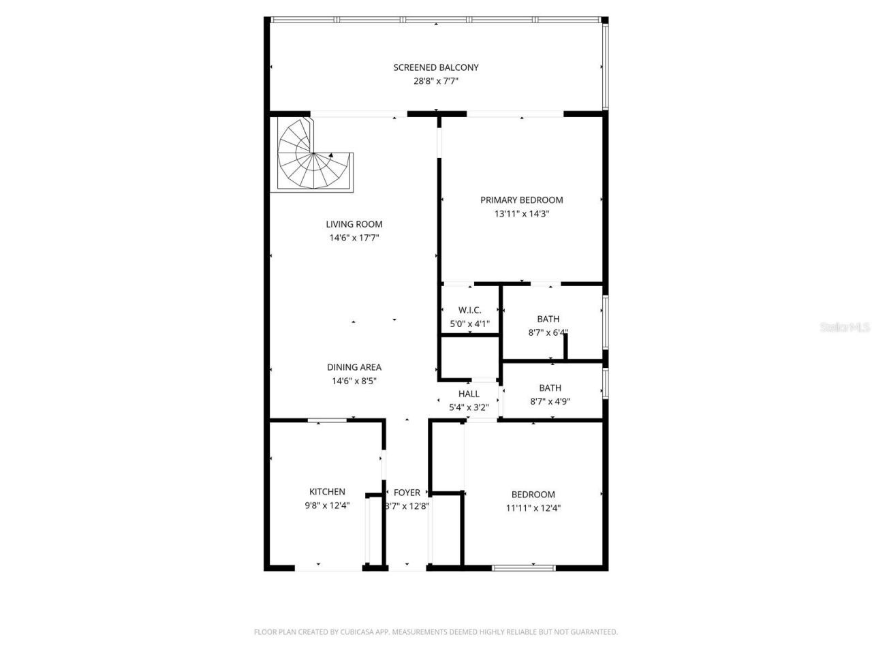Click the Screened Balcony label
click(x=436, y=67)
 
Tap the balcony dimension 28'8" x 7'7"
click(x=436, y=81)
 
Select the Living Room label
click(x=354, y=224)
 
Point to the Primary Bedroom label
click(x=522, y=200)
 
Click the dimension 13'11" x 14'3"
click(x=522, y=214)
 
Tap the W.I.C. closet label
click(x=469, y=311)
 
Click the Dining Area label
click(x=354, y=368)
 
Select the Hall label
click(x=469, y=394)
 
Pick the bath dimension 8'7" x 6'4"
click(x=548, y=333)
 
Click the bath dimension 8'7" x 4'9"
click(x=550, y=402)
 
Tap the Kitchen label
click(x=327, y=492)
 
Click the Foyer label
click(x=407, y=493)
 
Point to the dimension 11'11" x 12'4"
click(x=533, y=508)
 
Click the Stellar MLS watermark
click(x=845, y=328)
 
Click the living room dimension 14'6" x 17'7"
click(x=354, y=238)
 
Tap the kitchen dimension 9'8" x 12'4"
click(x=327, y=505)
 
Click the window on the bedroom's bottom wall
click(x=523, y=567)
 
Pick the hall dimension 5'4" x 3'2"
click(x=469, y=408)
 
